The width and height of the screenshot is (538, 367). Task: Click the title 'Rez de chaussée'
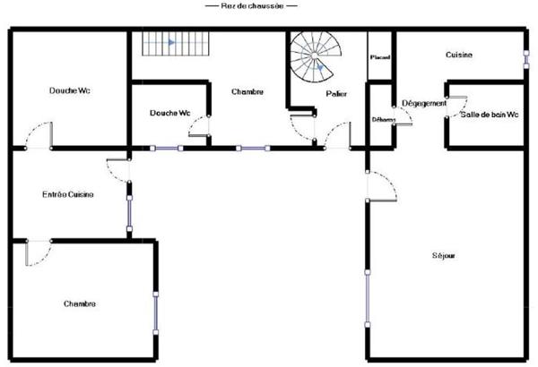tap(251, 6)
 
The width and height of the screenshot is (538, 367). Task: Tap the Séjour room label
tap(443, 255)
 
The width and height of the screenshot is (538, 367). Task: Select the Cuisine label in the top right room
tap(459, 55)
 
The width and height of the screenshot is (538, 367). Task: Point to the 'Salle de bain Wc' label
tap(490, 115)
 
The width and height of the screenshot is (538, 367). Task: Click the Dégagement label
tap(424, 104)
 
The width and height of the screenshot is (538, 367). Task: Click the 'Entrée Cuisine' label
tap(69, 194)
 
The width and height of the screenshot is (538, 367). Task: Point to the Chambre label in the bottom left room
tap(80, 303)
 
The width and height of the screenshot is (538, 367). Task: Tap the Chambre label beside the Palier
tap(247, 91)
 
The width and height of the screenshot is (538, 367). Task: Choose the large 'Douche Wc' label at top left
tap(69, 90)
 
